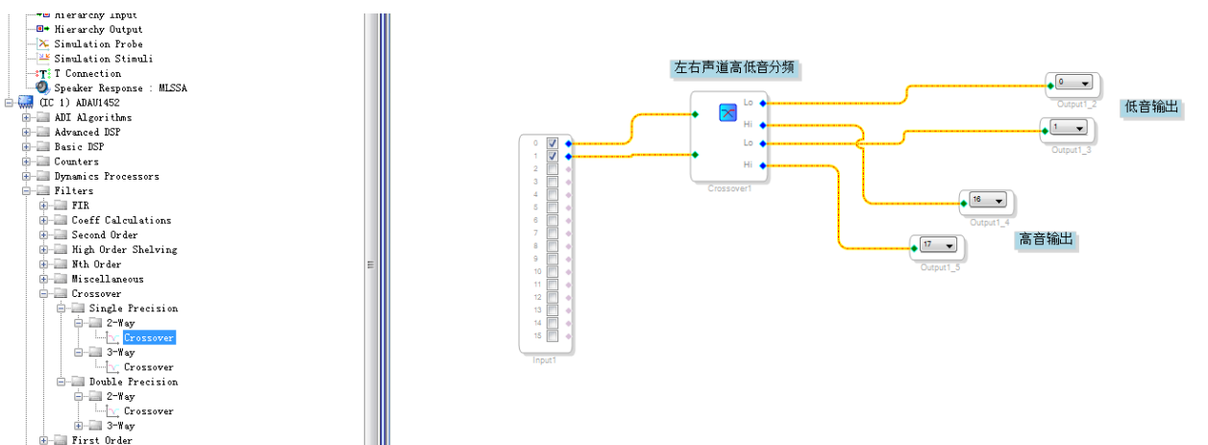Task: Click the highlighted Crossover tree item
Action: [x=149, y=338]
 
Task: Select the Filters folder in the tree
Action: [x=74, y=191]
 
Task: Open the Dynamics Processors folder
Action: [x=106, y=177]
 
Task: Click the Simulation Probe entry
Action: [x=98, y=44]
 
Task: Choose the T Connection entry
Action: [x=87, y=74]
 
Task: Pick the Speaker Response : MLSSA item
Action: [x=120, y=88]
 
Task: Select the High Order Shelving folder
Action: [x=124, y=250]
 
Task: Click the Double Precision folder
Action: [x=133, y=383]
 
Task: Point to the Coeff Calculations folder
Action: [x=121, y=221]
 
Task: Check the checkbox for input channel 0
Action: [x=553, y=143]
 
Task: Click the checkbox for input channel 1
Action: [x=553, y=156]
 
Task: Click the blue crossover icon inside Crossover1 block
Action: [x=727, y=112]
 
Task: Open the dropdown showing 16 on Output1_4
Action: [x=987, y=200]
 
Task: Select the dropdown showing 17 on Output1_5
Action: [x=938, y=244]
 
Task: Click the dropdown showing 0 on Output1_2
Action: [x=1072, y=83]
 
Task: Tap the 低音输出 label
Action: [x=1151, y=108]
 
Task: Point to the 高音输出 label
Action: [x=1046, y=239]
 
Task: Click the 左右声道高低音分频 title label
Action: [x=735, y=68]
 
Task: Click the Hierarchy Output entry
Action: [x=98, y=30]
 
